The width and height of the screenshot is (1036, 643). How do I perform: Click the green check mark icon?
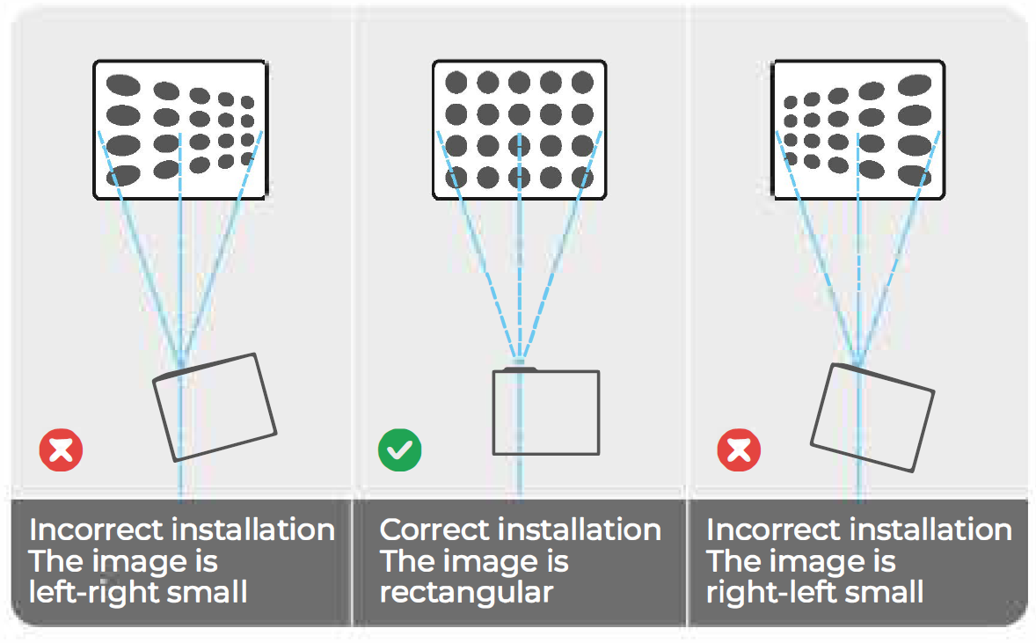[x=400, y=450]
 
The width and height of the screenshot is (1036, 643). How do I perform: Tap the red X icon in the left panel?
[x=61, y=450]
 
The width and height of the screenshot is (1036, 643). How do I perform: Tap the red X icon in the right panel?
[x=739, y=450]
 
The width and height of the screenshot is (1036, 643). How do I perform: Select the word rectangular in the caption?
[x=466, y=592]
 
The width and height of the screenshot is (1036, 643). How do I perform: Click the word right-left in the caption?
[x=770, y=592]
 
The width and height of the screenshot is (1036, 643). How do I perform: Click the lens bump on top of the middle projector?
[x=520, y=368]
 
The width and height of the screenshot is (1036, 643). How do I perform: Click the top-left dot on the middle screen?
[x=456, y=83]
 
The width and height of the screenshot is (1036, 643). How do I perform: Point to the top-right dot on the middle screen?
[x=582, y=83]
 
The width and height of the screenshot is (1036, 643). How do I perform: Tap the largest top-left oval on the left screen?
[x=123, y=85]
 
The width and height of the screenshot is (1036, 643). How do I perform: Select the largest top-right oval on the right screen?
[x=915, y=85]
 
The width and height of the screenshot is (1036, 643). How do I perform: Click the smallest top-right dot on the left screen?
[x=248, y=102]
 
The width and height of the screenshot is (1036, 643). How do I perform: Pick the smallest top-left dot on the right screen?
[x=791, y=102]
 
